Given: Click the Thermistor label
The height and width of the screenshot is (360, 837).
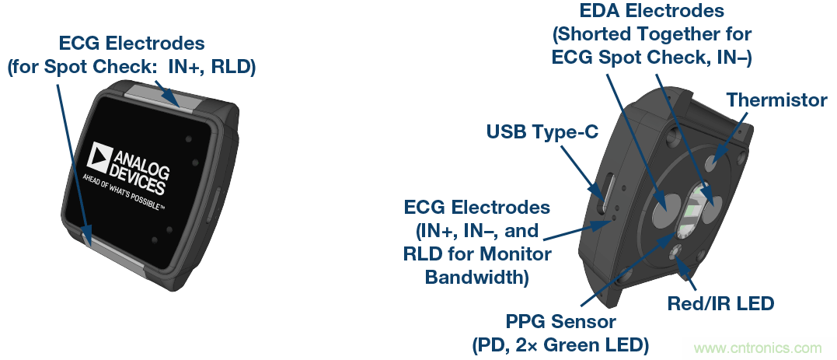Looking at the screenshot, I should point(776,100).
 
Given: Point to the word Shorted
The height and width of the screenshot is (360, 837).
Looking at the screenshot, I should point(594,34).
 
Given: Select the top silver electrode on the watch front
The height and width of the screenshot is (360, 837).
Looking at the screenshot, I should point(154,100).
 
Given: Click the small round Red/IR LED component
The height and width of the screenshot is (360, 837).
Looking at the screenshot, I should point(675,250).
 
